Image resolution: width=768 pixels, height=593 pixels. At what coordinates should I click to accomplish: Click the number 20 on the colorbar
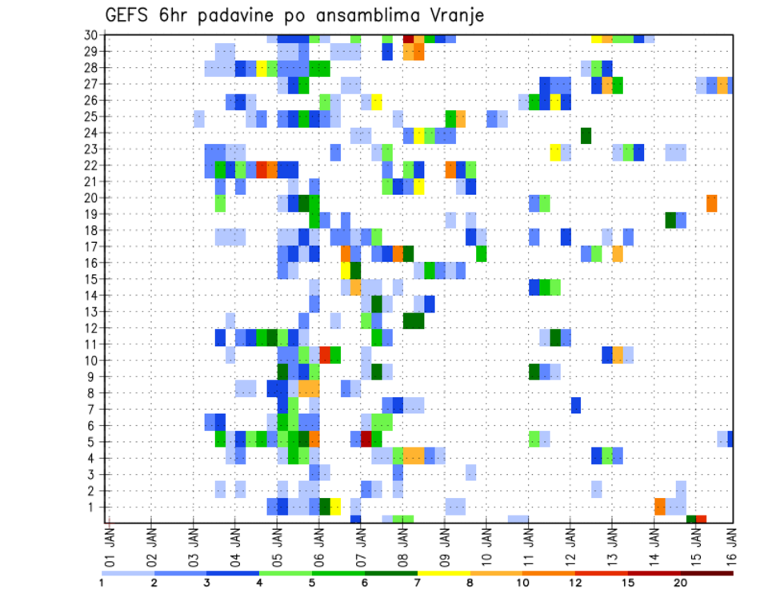(681, 583)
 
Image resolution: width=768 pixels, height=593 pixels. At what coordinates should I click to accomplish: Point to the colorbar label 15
(629, 583)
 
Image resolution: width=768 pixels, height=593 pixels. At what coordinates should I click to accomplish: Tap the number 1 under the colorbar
(102, 583)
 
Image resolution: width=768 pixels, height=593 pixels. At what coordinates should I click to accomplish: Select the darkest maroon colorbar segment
(707, 573)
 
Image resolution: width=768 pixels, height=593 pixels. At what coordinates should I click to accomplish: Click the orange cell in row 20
(712, 203)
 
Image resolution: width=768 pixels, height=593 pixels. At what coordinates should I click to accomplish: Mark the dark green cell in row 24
(586, 135)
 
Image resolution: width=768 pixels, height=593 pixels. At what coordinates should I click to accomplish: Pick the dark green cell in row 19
(670, 220)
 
